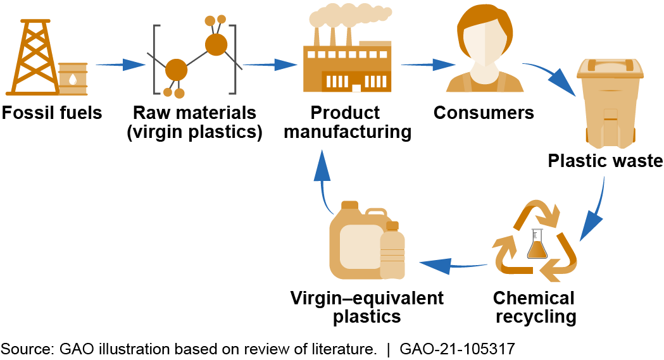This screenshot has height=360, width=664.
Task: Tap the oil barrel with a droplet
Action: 73,80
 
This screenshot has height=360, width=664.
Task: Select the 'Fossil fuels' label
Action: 52,113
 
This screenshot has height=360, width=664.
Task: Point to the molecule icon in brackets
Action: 195,58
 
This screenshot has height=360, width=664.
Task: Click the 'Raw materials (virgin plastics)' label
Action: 194,122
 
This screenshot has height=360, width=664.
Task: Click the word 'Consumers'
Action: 484,113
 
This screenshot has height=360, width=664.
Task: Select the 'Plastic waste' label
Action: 604,161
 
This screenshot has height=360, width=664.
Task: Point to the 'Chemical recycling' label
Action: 536,307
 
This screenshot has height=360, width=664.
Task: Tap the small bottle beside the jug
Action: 392,252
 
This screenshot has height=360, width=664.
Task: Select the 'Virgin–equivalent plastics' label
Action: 367,307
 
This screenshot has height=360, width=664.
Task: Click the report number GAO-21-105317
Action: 460,348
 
